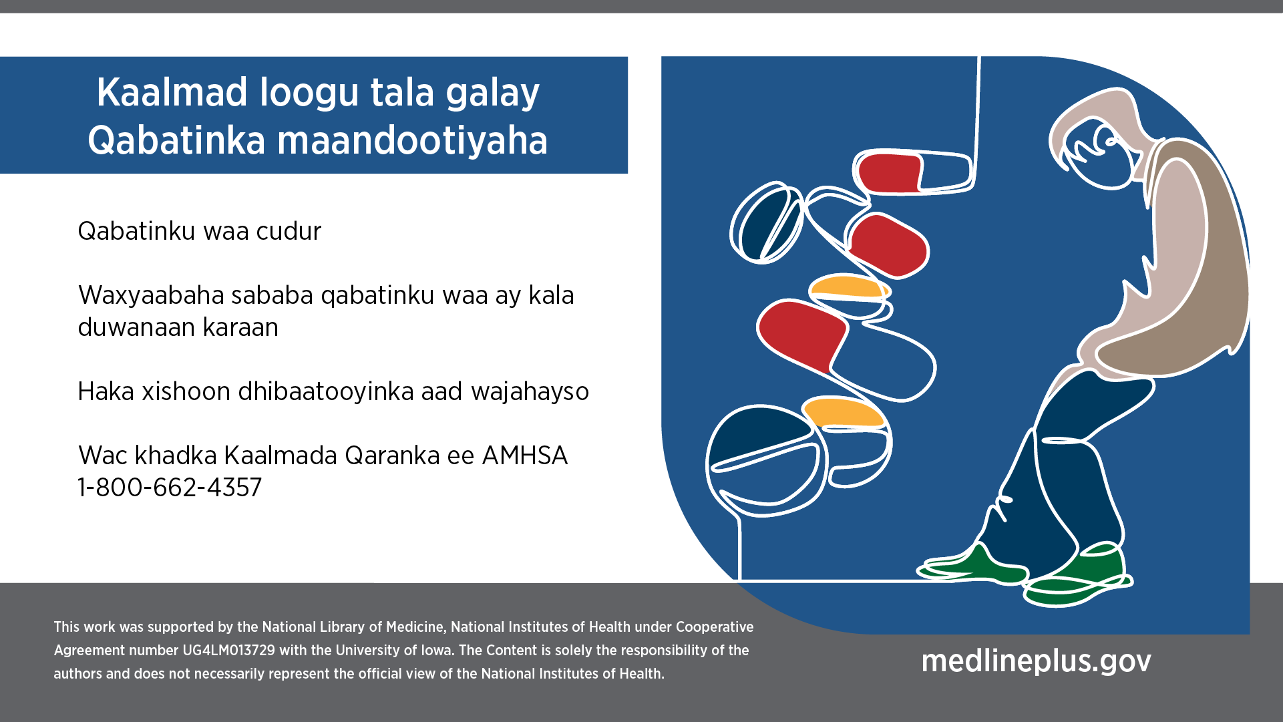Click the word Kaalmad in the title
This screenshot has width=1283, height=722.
pyautogui.click(x=172, y=92)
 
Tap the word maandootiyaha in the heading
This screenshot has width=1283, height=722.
pyautogui.click(x=412, y=141)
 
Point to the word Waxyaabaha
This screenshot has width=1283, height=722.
pyautogui.click(x=150, y=296)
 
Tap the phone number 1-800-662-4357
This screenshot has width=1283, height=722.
pyautogui.click(x=170, y=488)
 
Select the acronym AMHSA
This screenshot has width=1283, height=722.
pyautogui.click(x=525, y=456)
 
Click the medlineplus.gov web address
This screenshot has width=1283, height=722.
pyautogui.click(x=1037, y=661)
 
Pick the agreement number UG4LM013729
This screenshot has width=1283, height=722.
pyautogui.click(x=228, y=651)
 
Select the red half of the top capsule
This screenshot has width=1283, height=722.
pyautogui.click(x=889, y=173)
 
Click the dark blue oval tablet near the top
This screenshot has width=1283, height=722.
pyautogui.click(x=767, y=223)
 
